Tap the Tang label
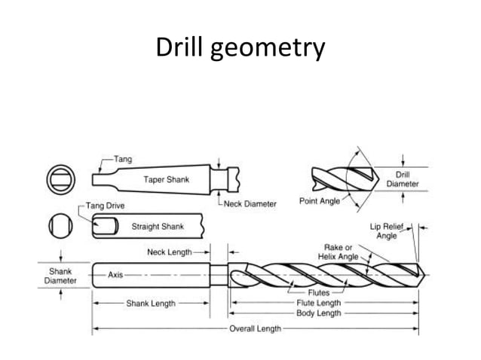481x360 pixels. click(x=123, y=160)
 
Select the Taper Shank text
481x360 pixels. click(x=166, y=180)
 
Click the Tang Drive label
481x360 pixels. click(x=105, y=206)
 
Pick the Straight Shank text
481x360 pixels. click(x=159, y=226)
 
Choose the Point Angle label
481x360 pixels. click(x=319, y=202)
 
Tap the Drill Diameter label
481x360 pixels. click(x=403, y=179)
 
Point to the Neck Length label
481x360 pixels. click(x=169, y=252)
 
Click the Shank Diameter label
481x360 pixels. click(x=60, y=275)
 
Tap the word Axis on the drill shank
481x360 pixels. click(x=115, y=275)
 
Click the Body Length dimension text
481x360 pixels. click(x=318, y=313)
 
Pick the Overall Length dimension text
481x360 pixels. click(x=256, y=328)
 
